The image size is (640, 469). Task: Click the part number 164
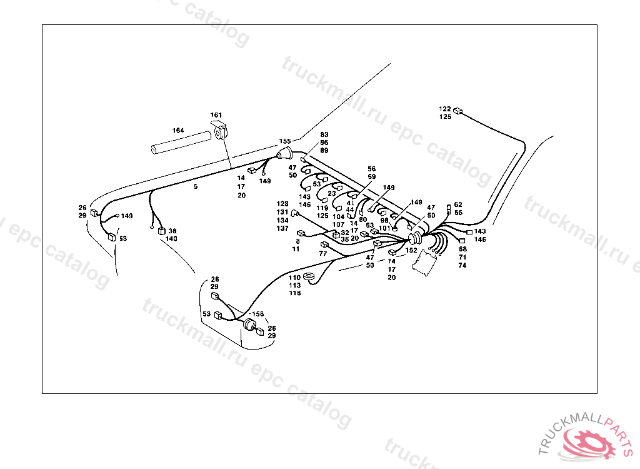point(178,130)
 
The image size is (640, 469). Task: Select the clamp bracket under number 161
point(221,133)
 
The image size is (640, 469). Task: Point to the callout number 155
point(285,141)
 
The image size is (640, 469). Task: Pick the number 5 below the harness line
point(196,187)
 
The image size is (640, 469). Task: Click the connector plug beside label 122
point(459,112)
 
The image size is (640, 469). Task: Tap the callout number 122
point(445,108)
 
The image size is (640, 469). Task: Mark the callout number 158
point(257,314)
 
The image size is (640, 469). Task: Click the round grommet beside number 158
point(250,324)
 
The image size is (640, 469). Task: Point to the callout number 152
point(411,250)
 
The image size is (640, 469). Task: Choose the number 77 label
point(323,253)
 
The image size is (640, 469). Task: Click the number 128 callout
point(283,204)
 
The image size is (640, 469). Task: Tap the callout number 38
point(172,231)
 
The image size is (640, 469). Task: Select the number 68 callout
point(462,250)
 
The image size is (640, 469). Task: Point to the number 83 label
point(324,134)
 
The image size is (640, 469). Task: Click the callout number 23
point(332,193)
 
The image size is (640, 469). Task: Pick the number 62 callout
point(458,204)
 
